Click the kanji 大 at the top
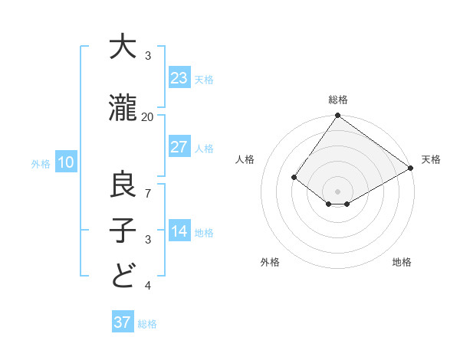(x=123, y=48)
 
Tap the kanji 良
(x=123, y=185)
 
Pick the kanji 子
(x=123, y=231)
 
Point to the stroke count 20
(x=148, y=116)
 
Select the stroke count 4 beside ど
(x=148, y=286)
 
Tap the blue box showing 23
(x=179, y=78)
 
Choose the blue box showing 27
(x=179, y=147)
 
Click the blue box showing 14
(x=179, y=231)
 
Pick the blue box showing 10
(x=65, y=162)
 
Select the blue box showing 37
(x=122, y=322)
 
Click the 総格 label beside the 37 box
(x=147, y=324)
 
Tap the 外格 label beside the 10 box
(x=41, y=163)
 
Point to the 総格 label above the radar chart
(x=337, y=100)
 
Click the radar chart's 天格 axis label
(x=431, y=159)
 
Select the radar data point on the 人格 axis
(x=294, y=177)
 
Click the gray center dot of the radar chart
(x=337, y=191)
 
